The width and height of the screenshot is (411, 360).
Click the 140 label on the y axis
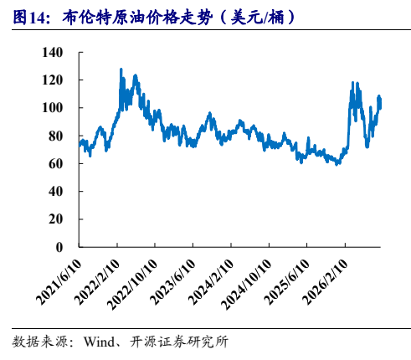[x=52, y=52]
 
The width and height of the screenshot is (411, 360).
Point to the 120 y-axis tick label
[x=52, y=80]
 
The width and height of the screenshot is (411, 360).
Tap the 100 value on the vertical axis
[x=52, y=108]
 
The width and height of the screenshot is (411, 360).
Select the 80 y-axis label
[x=55, y=136]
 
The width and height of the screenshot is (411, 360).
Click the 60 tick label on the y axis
[x=55, y=163]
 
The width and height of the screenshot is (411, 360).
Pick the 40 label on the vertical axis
[x=55, y=192]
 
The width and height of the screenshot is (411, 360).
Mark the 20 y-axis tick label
[x=55, y=219]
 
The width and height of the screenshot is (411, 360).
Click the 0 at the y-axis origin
[x=59, y=247]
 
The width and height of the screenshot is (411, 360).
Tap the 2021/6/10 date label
[x=59, y=282]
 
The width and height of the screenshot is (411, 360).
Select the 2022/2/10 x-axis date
[x=97, y=282]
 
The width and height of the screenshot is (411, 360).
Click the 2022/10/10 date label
[x=132, y=285]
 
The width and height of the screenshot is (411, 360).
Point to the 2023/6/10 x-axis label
[x=173, y=282]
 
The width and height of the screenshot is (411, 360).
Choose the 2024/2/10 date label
[x=211, y=282]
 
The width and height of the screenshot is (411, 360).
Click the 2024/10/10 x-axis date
[x=247, y=285]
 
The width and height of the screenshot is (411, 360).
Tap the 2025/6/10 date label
[x=287, y=282]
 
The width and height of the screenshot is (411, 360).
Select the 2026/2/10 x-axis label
[x=326, y=282]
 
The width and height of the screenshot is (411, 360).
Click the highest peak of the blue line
[x=121, y=69]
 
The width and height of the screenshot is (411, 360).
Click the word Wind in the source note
[x=99, y=342]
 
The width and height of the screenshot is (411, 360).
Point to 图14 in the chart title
[x=28, y=18]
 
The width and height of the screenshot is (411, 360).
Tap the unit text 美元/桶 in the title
[x=257, y=18]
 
